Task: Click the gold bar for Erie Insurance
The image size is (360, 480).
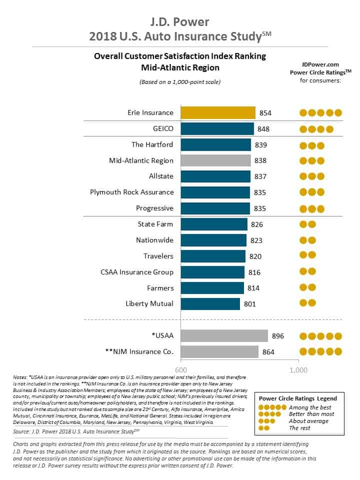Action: tap(218, 112)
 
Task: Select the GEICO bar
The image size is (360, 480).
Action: tap(217, 128)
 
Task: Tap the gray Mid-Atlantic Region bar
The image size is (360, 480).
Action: tap(215, 160)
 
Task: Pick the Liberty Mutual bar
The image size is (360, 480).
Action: tap(210, 303)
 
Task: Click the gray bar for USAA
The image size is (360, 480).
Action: tap(224, 336)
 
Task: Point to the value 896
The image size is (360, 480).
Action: tap(277, 336)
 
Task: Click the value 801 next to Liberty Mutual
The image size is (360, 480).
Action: tap(250, 303)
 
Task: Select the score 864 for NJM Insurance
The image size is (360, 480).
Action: tap(268, 352)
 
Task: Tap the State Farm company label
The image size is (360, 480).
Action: tap(155, 224)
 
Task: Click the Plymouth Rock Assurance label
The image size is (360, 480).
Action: tap(132, 192)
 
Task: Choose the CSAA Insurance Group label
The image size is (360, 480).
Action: tap(137, 272)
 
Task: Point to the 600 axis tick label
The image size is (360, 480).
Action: tap(180, 369)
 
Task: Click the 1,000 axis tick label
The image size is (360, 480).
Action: tap(298, 369)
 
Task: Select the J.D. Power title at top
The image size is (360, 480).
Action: tap(180, 22)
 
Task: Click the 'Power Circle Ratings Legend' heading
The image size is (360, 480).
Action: tap(297, 398)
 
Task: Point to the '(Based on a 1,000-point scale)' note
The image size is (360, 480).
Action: tap(180, 81)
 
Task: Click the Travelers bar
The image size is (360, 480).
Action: tap(213, 256)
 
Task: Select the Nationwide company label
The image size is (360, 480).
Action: tap(154, 240)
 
